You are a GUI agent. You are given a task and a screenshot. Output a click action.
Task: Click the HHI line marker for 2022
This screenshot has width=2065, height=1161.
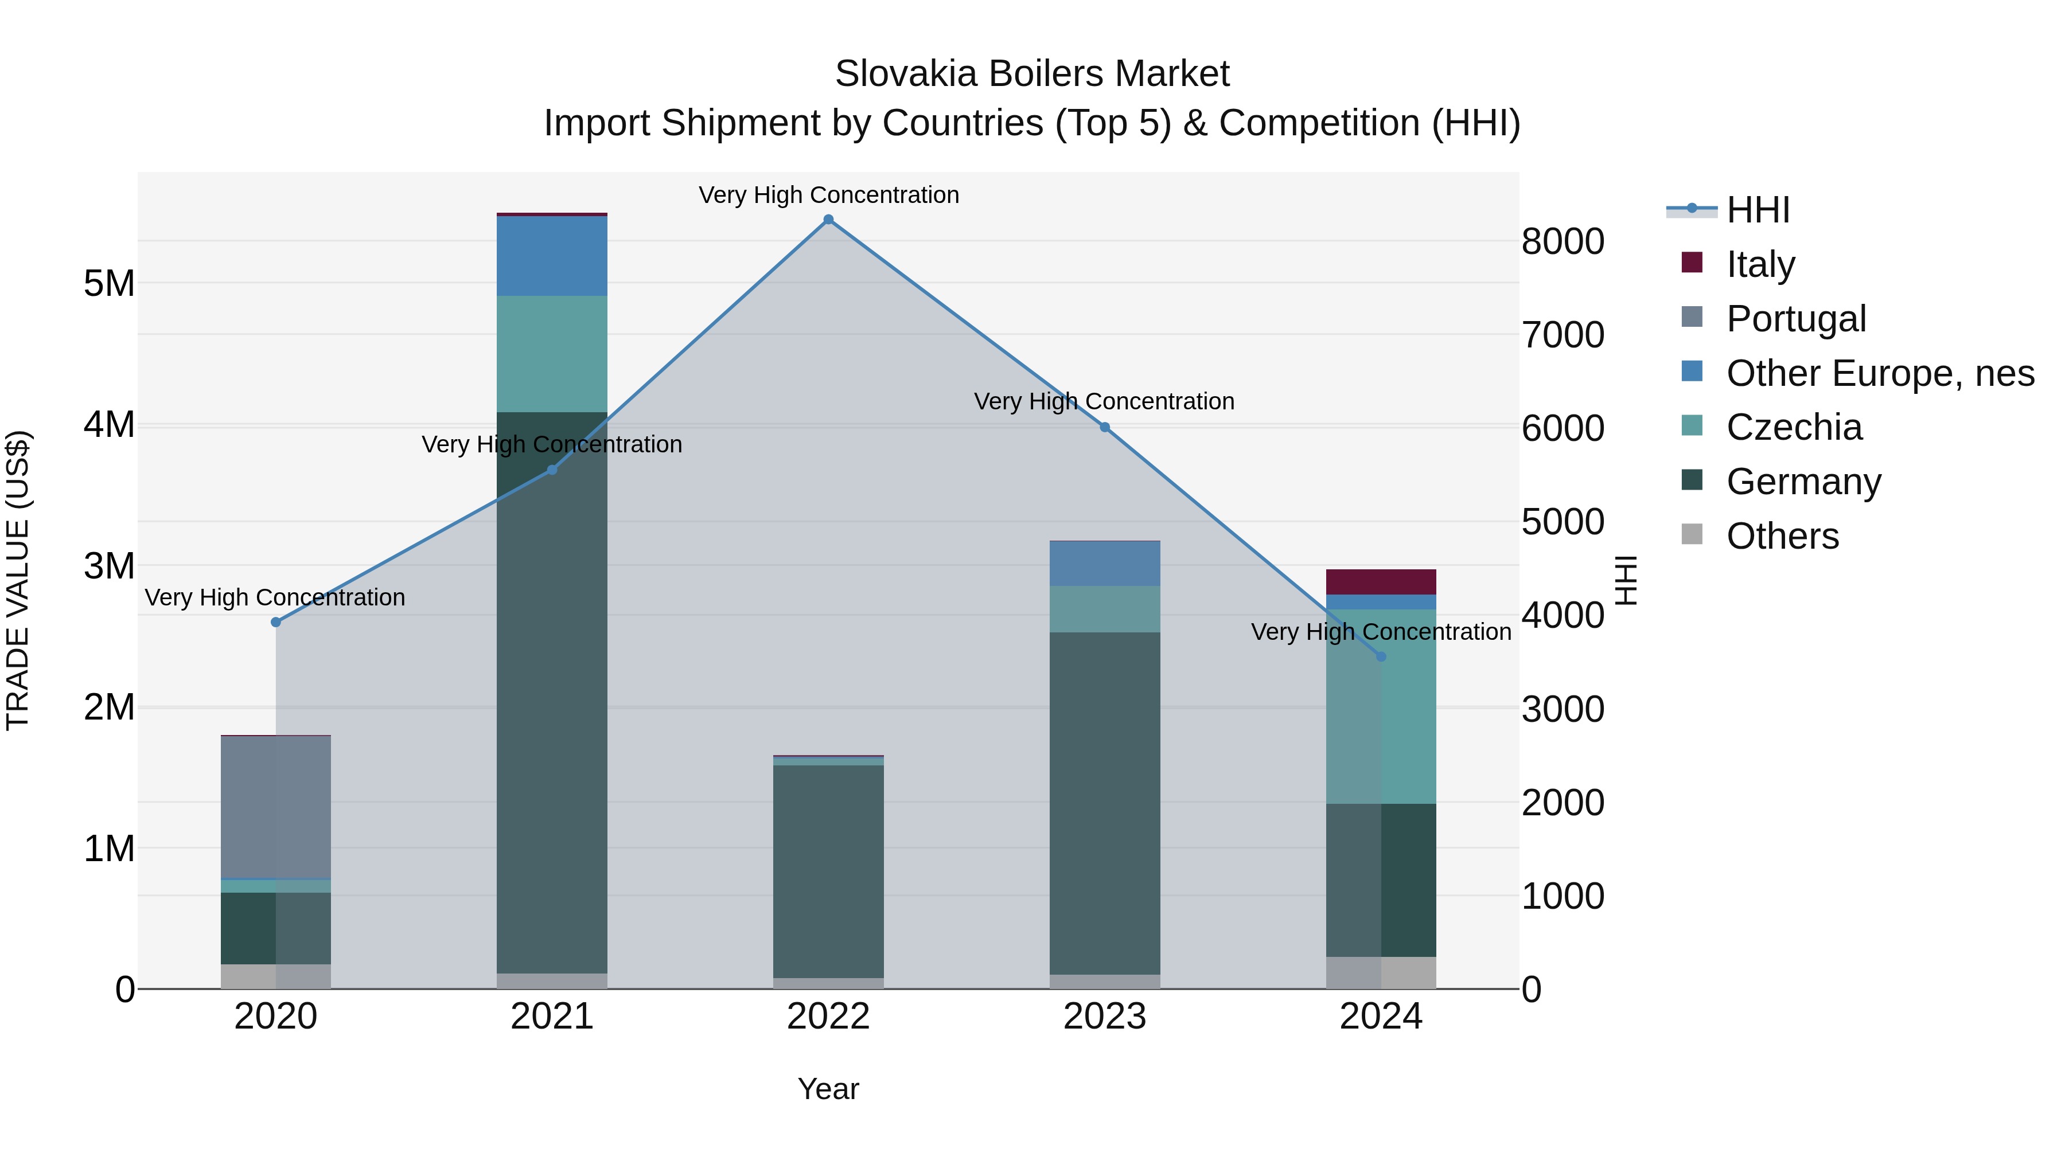(x=828, y=220)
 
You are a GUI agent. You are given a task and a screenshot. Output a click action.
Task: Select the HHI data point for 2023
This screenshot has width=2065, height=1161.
(x=1105, y=428)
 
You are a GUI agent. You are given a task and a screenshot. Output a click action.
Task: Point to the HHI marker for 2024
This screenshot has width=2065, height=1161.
(x=1381, y=657)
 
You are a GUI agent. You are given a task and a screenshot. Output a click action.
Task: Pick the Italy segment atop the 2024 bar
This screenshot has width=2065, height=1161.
(x=1381, y=582)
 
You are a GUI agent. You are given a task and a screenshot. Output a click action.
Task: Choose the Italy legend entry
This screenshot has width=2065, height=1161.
(x=1760, y=264)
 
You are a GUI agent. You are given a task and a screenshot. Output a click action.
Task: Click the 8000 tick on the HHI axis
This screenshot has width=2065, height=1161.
(x=1563, y=241)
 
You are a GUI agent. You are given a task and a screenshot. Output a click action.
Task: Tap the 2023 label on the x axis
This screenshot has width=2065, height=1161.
(x=1105, y=1017)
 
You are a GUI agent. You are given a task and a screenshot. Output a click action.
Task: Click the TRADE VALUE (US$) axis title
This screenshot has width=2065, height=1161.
(x=18, y=580)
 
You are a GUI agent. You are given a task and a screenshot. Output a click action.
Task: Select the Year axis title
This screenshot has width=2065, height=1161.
(x=828, y=1089)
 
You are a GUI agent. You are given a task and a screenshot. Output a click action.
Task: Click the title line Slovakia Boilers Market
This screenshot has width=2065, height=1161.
(x=1032, y=74)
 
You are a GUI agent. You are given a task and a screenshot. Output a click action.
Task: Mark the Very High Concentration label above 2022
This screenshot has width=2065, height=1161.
(x=828, y=195)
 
